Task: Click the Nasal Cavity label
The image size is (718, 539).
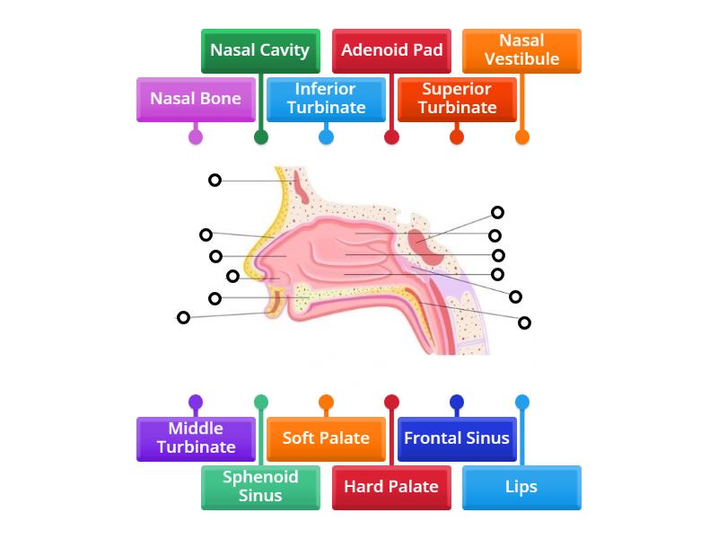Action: (x=259, y=50)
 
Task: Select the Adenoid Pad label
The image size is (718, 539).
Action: (x=391, y=50)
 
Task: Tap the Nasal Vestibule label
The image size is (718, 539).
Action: (x=521, y=50)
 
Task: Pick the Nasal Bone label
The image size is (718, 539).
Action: (x=196, y=99)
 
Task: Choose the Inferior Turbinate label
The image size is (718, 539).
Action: (x=326, y=99)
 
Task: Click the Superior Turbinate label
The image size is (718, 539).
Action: (x=457, y=99)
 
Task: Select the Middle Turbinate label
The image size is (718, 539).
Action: (x=196, y=438)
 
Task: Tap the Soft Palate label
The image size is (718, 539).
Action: (x=326, y=438)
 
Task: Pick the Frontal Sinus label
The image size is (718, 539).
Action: (x=457, y=438)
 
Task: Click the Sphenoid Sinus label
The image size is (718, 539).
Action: (x=260, y=487)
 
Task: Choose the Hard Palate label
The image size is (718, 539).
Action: (x=391, y=487)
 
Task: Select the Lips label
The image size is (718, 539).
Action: (x=521, y=487)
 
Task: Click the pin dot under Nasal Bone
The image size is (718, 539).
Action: (x=196, y=137)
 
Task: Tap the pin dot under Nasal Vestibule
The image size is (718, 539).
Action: (x=522, y=137)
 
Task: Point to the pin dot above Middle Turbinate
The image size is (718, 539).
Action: (x=196, y=402)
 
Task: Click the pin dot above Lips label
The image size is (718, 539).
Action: (x=522, y=402)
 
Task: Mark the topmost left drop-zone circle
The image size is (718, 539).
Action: (x=215, y=180)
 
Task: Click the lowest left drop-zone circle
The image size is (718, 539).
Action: (x=183, y=317)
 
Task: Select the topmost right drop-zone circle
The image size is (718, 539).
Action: (x=497, y=213)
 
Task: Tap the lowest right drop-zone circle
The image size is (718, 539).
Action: (x=525, y=323)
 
